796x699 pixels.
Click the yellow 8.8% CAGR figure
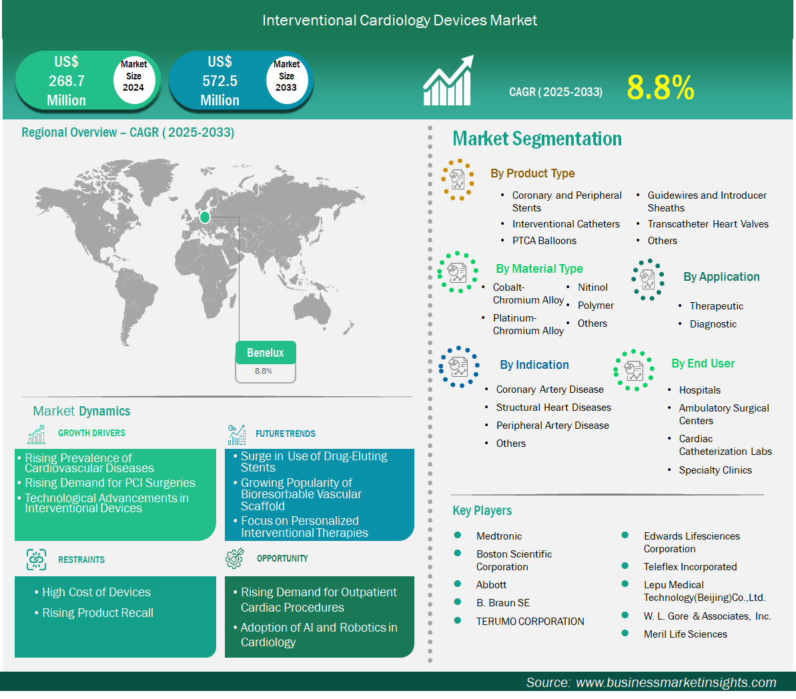[661, 87]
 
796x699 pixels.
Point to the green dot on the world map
[205, 217]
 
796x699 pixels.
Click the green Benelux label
[266, 352]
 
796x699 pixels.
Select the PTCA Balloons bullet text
[544, 241]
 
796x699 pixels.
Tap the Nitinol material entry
[592, 287]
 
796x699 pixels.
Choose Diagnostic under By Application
[713, 324]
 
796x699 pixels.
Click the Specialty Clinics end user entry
[715, 470]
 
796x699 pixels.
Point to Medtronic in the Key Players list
[498, 536]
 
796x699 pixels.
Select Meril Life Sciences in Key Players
[685, 634]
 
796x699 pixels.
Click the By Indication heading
[534, 364]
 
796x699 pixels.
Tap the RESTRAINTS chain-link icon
[36, 560]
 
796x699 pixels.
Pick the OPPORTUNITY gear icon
[235, 558]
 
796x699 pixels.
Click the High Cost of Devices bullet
[96, 592]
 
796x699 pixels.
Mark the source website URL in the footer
[676, 682]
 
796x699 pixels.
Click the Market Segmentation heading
[537, 139]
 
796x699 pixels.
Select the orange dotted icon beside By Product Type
[458, 179]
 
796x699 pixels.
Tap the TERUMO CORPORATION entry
[530, 622]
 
